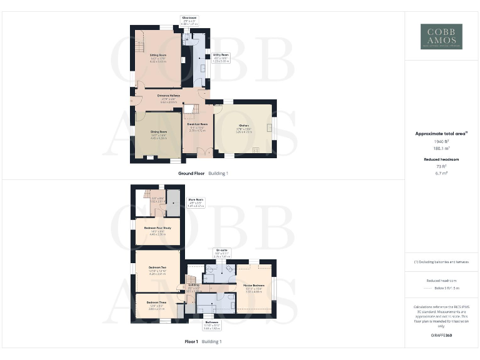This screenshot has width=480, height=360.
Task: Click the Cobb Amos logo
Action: point(441,37)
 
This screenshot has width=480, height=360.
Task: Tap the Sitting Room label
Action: point(157,55)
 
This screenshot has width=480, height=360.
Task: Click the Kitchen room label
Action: point(243,125)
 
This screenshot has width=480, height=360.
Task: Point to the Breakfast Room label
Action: point(197,124)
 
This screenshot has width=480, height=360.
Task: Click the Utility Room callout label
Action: point(221,55)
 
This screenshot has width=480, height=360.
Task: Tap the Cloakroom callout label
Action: point(189,17)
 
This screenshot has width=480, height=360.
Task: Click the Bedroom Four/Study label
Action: point(157,228)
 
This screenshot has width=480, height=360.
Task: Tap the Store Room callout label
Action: point(196,200)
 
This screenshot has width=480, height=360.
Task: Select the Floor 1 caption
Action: point(191,342)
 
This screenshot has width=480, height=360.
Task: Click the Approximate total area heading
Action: point(441,133)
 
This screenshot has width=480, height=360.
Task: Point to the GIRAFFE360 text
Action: point(441,336)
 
